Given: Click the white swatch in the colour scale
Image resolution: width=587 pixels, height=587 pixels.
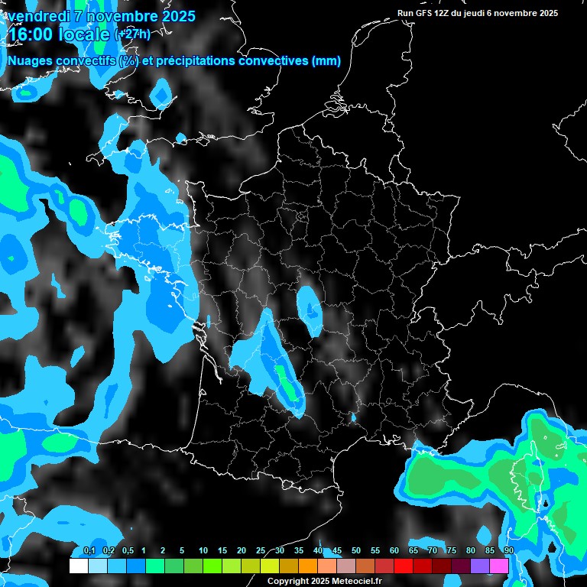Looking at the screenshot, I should (x=78, y=566).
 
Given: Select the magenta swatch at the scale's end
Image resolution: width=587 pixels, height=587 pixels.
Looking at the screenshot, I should (x=499, y=566).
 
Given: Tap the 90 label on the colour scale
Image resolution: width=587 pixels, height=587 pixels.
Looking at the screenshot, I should (x=508, y=551).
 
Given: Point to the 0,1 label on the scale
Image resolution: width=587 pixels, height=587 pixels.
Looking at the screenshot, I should (x=89, y=551).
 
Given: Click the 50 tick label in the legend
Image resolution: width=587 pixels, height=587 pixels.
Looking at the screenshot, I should (x=356, y=551).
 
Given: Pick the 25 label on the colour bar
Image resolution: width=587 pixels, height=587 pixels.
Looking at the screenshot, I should (x=261, y=551).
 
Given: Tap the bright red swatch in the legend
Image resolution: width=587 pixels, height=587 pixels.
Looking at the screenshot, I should (x=404, y=566).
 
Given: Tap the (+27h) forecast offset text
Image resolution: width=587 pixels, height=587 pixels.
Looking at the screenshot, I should (x=132, y=34).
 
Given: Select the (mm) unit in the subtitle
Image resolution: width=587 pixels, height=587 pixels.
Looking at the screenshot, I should (x=326, y=61).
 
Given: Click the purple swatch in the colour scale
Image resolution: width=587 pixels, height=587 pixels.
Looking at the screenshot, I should (x=480, y=566).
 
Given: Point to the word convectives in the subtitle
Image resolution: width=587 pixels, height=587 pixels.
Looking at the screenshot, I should (x=274, y=61).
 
